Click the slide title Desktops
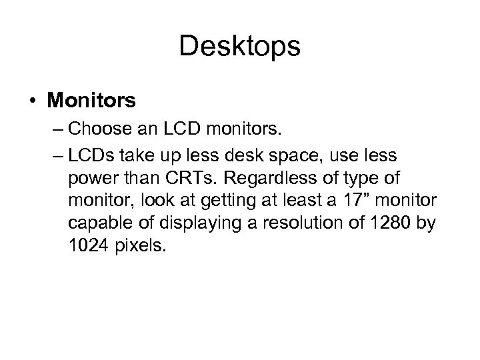click(x=240, y=47)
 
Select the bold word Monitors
click(x=91, y=101)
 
